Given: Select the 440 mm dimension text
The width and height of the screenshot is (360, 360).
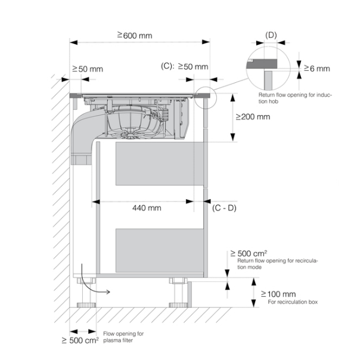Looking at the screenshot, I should coord(146,208).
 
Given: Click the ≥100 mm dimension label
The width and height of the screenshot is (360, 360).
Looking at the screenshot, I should coord(278,294).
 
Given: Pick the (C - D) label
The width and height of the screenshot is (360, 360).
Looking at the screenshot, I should coord(225,208).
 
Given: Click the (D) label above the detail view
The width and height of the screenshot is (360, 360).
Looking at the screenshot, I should coord(271,35).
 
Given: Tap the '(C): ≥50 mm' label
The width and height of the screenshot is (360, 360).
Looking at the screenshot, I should coord(184,67).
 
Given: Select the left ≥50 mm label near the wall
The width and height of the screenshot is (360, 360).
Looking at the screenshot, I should coord(87,69).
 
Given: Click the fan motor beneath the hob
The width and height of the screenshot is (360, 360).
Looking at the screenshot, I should coord(132,123).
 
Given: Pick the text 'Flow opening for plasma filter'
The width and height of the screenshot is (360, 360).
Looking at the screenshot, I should coord(123,337).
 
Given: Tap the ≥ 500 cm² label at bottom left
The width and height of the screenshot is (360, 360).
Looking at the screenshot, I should coord(80,340).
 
